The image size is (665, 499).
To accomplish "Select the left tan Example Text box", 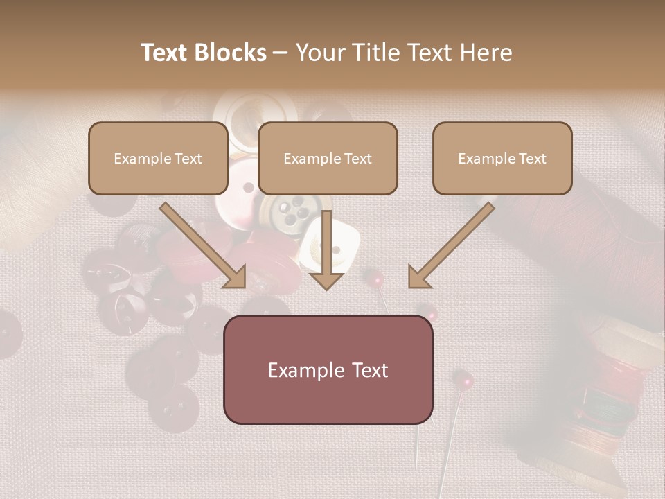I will point(158,158).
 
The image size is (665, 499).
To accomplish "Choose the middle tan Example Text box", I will point(328,158).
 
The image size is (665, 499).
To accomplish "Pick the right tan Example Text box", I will point(502,158).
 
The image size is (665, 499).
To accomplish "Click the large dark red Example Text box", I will point(328,369).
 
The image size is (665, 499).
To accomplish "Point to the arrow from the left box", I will point(204,246).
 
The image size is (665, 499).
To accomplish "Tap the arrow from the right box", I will point(450,246).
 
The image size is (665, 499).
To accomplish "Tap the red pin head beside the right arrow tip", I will point(376,279).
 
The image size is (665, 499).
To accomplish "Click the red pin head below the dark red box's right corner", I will point(463,379).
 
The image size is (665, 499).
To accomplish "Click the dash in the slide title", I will point(281,53).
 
